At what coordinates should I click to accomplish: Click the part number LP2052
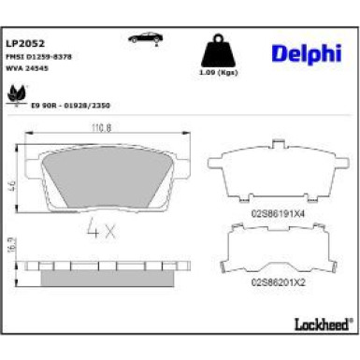[24, 42]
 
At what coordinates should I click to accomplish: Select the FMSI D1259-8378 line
[39, 57]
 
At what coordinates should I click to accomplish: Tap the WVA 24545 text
[27, 68]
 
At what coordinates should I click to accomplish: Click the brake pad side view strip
[105, 267]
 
